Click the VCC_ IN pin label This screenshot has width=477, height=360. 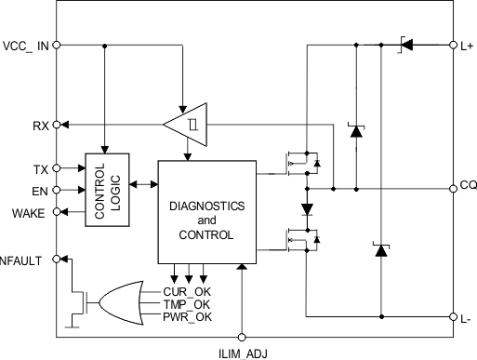pyautogui.click(x=25, y=44)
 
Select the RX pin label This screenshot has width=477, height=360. pyautogui.click(x=39, y=124)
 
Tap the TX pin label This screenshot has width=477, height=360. pyautogui.click(x=39, y=168)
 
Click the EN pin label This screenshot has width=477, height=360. pyautogui.click(x=39, y=191)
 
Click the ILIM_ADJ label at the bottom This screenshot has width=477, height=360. pyautogui.click(x=242, y=352)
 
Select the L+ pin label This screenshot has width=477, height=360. pyautogui.click(x=467, y=44)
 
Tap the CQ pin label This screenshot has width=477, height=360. pyautogui.click(x=467, y=185)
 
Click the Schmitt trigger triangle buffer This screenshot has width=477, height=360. pyautogui.click(x=185, y=124)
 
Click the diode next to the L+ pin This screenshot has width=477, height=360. pyautogui.click(x=405, y=44)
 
